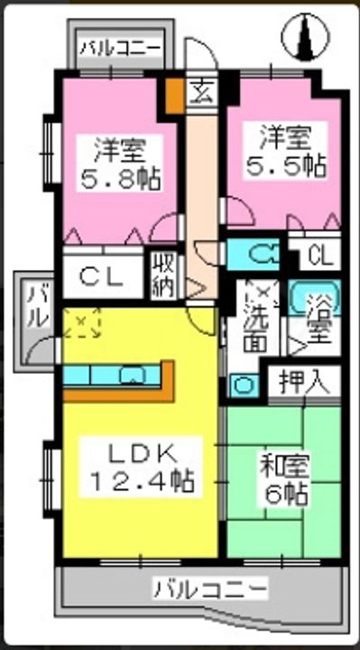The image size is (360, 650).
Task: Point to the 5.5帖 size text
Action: pos(287,165)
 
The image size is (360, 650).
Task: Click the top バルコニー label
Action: pos(119,47)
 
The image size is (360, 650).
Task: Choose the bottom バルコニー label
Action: pos(209,590)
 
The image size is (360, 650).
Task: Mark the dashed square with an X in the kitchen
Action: pos(83,323)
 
